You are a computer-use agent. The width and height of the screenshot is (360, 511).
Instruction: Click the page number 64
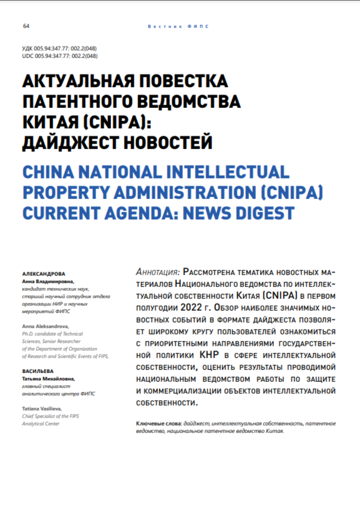tap(26, 26)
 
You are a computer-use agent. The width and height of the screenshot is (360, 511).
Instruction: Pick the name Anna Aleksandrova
tap(46, 326)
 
